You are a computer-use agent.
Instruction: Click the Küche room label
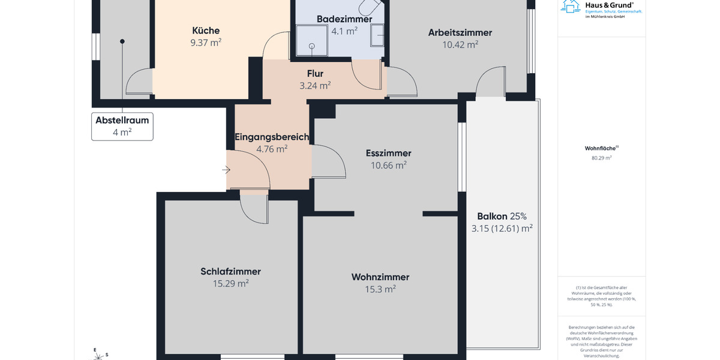206,31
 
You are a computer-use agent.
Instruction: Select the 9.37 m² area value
206,43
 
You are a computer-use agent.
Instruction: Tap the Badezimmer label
344,19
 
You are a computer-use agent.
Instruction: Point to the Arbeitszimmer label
460,32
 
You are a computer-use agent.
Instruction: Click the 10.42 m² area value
460,44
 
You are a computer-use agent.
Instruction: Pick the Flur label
315,74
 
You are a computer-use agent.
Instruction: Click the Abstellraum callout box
122,126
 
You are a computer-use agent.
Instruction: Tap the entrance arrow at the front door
226,170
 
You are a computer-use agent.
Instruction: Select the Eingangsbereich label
272,137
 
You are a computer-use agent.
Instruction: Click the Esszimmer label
388,153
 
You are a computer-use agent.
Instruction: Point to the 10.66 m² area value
388,166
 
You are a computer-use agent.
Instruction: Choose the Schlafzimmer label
230,272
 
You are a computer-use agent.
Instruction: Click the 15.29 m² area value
230,284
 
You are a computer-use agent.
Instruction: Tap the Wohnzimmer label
380,277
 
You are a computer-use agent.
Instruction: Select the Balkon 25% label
502,216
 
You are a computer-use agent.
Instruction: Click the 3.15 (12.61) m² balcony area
502,228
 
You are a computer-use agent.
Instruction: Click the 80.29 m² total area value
601,158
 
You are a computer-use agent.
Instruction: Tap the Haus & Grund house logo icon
570,6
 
